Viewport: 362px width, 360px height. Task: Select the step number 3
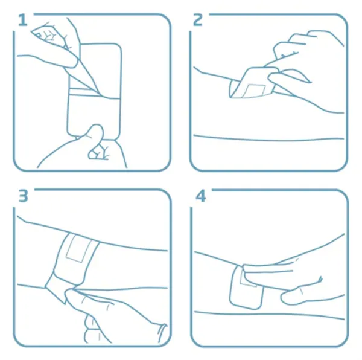tap(23, 197)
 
